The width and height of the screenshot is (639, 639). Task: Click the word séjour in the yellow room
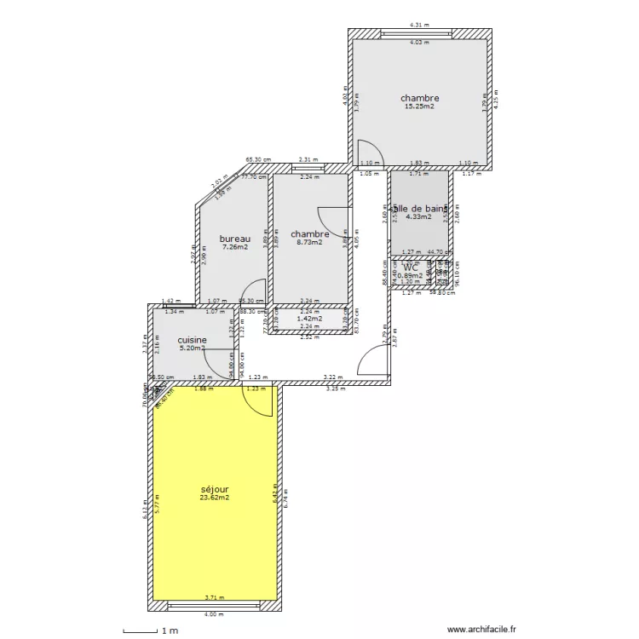pyautogui.click(x=215, y=489)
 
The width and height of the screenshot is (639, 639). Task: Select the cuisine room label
pyautogui.click(x=192, y=339)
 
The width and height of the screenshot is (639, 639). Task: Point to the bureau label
pyautogui.click(x=234, y=239)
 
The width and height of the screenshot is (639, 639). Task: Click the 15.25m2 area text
pyautogui.click(x=419, y=106)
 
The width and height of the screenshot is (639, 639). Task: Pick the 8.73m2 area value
pyautogui.click(x=309, y=242)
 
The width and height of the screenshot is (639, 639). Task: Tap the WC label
pyautogui.click(x=411, y=267)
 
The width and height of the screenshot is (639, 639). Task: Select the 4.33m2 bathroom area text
pyautogui.click(x=418, y=216)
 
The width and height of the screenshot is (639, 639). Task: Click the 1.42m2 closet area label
pyautogui.click(x=309, y=319)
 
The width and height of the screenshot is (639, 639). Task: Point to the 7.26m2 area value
pyautogui.click(x=234, y=247)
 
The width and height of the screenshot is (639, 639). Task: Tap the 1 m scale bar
pyautogui.click(x=150, y=630)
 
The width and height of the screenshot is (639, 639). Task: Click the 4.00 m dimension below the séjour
pyautogui.click(x=214, y=614)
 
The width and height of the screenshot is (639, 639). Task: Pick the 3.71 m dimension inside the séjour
pyautogui.click(x=214, y=598)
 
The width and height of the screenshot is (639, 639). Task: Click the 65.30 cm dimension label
pyautogui.click(x=258, y=158)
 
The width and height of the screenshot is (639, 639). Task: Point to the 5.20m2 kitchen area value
pyautogui.click(x=192, y=348)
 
